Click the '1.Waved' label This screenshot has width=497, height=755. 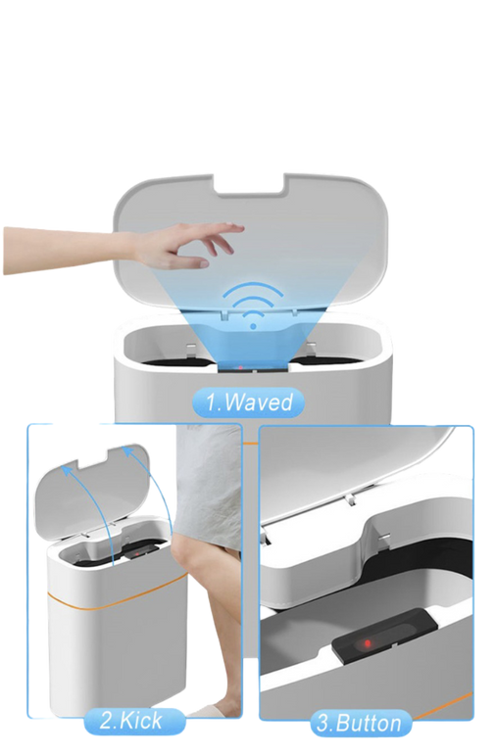pyautogui.click(x=248, y=402)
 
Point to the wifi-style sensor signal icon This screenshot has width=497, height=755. pyautogui.click(x=253, y=305)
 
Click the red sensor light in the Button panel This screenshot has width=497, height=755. pyautogui.click(x=368, y=642)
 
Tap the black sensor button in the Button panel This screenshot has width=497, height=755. pyautogui.click(x=384, y=636)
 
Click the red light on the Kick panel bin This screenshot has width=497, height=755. pyautogui.click(x=137, y=553)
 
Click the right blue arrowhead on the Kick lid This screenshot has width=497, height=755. pyautogui.click(x=127, y=451)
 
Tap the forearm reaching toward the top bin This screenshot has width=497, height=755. pyautogui.click(x=68, y=251)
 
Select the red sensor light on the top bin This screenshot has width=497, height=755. pyautogui.click(x=241, y=368)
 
